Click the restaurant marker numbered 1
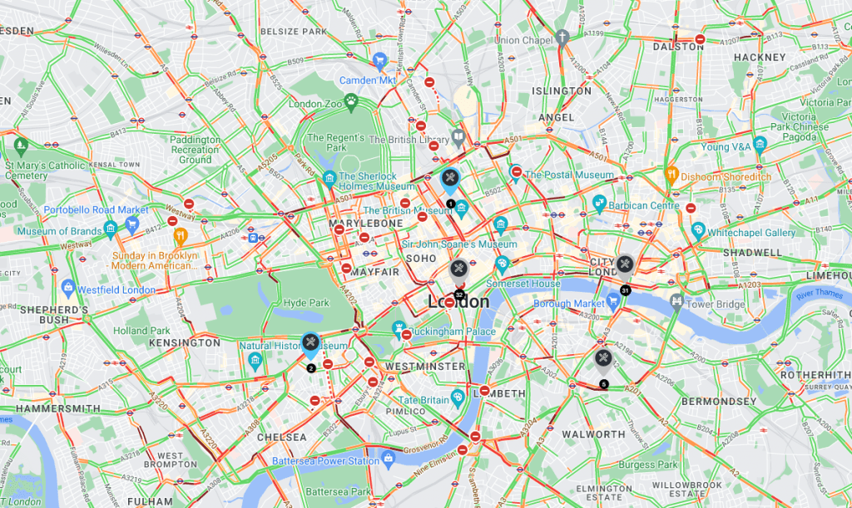pyautogui.click(x=449, y=178)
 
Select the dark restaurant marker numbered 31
pyautogui.click(x=625, y=265)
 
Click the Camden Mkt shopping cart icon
pyautogui.click(x=380, y=59)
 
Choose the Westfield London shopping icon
pyautogui.click(x=68, y=289)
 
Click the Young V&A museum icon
pyautogui.click(x=759, y=144)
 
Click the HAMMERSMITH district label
pyautogui.click(x=52, y=409)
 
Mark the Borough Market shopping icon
pyautogui.click(x=613, y=302)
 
